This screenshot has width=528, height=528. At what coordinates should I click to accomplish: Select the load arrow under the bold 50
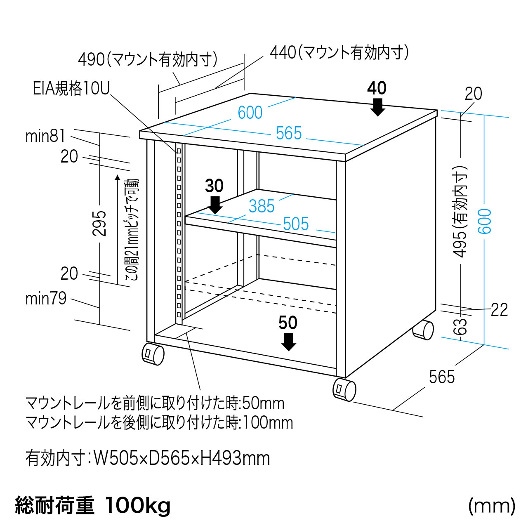(288, 342)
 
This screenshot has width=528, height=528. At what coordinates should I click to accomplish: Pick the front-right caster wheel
(344, 389)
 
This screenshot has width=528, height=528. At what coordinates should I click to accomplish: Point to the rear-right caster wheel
(424, 330)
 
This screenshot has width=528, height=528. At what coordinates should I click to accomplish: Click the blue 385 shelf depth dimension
(262, 206)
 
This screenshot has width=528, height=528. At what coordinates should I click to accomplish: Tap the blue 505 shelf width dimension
(296, 224)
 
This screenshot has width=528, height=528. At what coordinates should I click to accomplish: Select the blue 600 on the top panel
(250, 113)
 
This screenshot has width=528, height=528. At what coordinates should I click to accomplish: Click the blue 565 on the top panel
(289, 133)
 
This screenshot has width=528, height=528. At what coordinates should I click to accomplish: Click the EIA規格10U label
(71, 88)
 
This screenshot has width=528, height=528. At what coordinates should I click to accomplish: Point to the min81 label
(45, 136)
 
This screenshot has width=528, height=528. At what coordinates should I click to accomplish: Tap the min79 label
(46, 298)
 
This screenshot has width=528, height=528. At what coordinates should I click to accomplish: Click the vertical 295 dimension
(99, 223)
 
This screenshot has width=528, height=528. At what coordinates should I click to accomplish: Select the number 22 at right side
(499, 310)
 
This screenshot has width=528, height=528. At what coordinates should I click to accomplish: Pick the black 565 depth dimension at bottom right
(442, 377)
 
